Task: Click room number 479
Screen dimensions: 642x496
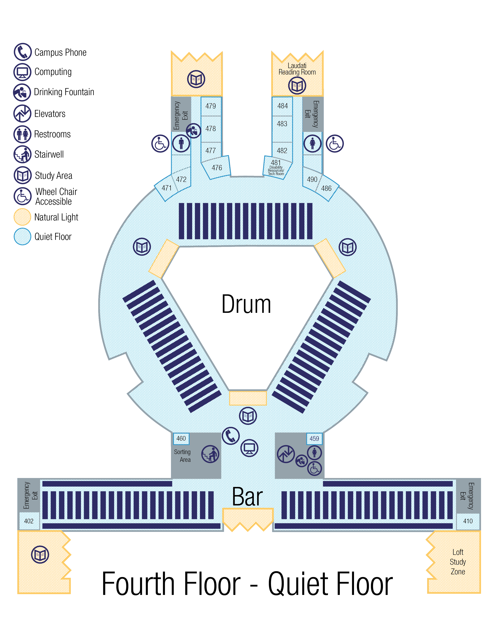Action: coord(211,106)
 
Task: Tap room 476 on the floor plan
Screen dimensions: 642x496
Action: coord(217,168)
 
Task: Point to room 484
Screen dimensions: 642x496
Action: coord(282,106)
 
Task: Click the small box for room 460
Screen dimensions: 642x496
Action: coord(181,438)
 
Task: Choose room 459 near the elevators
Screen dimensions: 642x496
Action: coord(314,438)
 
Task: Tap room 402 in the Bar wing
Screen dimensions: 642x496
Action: coord(29,521)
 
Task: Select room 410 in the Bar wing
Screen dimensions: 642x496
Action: coord(468,521)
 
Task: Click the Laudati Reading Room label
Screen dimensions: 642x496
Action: coord(297,69)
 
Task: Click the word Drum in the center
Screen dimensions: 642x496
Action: coord(246,304)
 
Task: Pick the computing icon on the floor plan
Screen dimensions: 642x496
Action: coord(249,448)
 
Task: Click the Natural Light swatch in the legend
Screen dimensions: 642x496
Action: coord(22,217)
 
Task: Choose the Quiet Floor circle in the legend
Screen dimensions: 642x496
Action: coord(22,236)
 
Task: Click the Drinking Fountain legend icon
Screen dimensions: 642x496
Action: coord(22,92)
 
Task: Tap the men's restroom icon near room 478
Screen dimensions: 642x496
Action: coord(181,143)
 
